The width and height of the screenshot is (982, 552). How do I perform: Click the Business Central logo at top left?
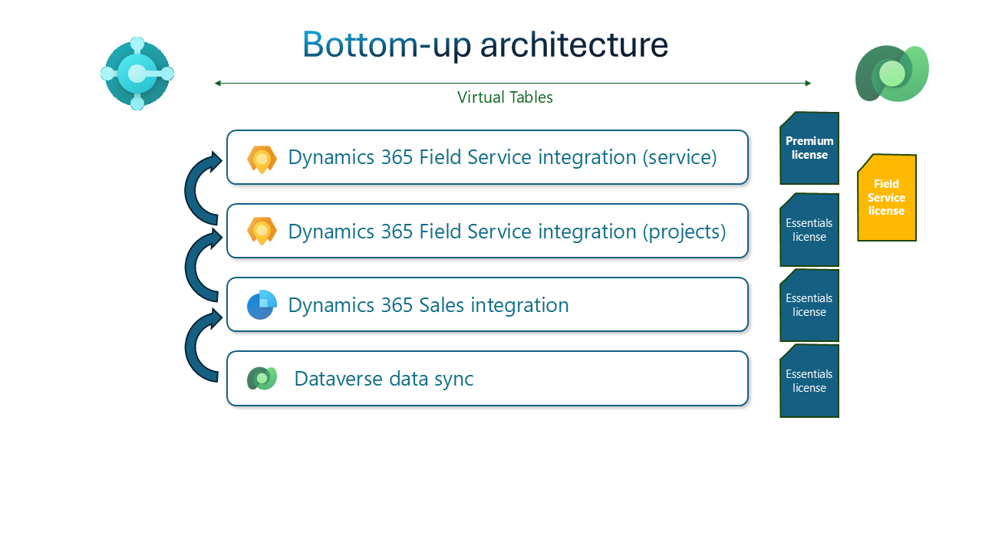click(137, 74)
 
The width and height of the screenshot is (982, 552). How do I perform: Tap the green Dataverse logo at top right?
click(892, 74)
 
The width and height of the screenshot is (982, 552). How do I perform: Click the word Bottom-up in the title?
click(386, 45)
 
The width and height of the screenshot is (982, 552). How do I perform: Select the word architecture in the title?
click(574, 45)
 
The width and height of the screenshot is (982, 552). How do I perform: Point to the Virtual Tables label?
click(505, 97)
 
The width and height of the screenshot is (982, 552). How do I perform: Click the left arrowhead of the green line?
click(218, 83)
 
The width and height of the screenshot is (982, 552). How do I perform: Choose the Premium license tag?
click(809, 148)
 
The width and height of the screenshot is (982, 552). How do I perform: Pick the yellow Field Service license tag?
click(887, 198)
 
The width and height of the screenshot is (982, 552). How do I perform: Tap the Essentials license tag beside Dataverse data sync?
click(809, 381)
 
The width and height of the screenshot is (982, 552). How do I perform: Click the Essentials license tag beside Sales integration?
click(809, 305)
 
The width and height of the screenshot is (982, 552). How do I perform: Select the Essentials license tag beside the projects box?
click(809, 230)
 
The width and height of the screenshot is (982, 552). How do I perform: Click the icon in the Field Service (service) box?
click(262, 159)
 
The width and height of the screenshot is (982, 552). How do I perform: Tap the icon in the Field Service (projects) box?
click(262, 231)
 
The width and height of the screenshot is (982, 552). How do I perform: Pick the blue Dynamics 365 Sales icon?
click(262, 304)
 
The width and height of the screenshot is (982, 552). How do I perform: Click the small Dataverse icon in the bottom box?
click(262, 378)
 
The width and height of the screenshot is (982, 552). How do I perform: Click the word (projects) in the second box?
click(684, 231)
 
